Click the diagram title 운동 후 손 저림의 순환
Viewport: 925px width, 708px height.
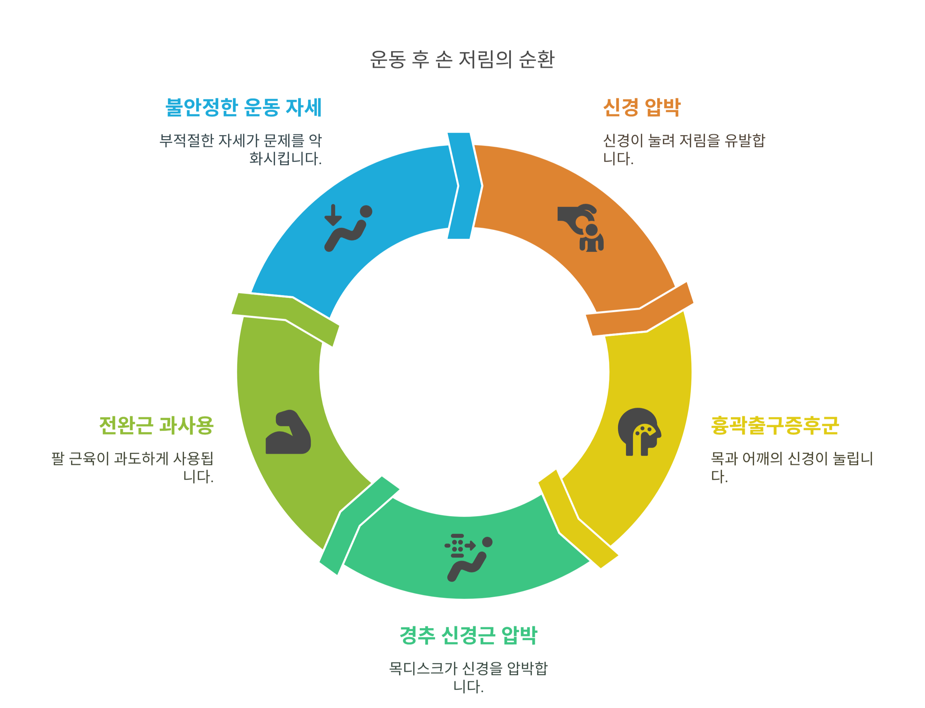point(462,59)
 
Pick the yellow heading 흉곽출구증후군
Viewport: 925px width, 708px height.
point(775,425)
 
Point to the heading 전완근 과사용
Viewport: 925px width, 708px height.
point(157,425)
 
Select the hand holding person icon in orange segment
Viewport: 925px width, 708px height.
point(581,228)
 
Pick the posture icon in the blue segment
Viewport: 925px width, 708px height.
point(348,228)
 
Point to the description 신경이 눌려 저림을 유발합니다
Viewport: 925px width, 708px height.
point(683,149)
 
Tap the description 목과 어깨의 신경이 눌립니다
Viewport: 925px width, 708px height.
point(791,467)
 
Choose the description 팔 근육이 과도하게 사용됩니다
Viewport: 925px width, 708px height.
point(133,467)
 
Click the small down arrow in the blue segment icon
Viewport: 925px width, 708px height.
point(333,215)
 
